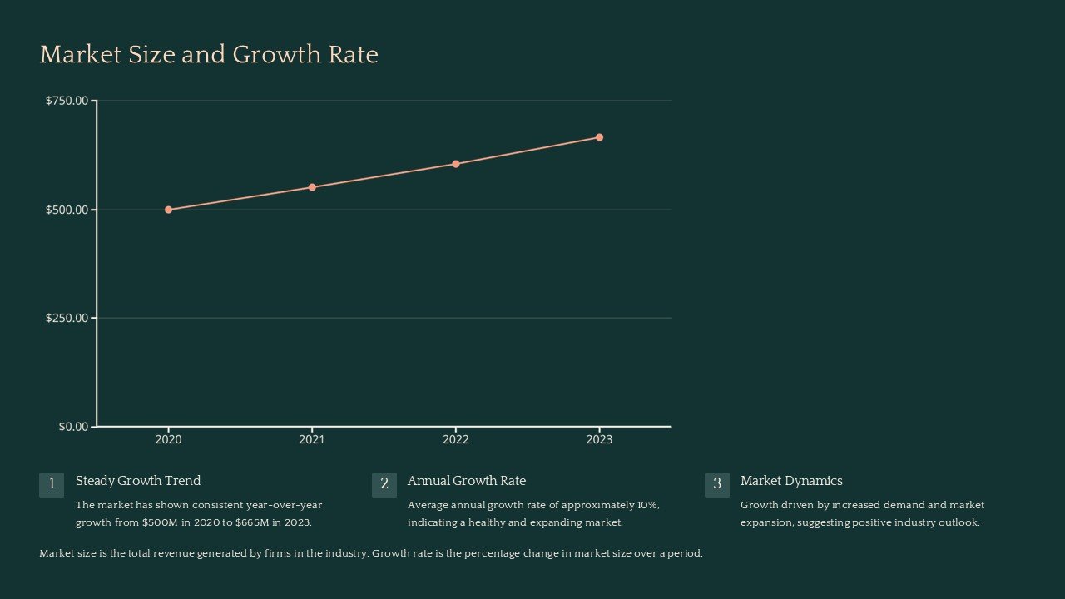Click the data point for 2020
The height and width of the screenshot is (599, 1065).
pos(169,210)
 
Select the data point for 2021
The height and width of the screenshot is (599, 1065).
pos(312,187)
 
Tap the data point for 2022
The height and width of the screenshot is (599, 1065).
pos(456,164)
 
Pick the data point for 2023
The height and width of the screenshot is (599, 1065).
pos(599,137)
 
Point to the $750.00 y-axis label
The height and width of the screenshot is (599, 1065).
pos(67,101)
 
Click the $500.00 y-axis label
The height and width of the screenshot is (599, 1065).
pos(67,210)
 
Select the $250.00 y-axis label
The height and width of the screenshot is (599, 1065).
pos(67,318)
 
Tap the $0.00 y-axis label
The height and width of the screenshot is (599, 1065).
pos(73,427)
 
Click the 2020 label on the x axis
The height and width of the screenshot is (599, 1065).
pos(169,439)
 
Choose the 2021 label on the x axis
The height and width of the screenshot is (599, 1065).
pos(312,439)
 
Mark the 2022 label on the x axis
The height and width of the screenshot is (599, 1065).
pos(456,439)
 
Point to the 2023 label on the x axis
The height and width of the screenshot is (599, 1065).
pos(599,439)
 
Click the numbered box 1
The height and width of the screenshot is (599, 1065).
pos(52,484)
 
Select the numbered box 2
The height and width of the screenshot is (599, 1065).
pos(384,484)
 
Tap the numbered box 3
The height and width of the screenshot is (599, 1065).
pos(717,484)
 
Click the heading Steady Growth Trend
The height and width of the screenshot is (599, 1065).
pos(138,481)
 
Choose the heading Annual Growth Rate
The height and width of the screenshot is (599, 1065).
pos(467,481)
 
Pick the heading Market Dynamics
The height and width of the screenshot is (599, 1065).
pos(791,481)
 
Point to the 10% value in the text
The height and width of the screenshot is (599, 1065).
pos(647,505)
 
